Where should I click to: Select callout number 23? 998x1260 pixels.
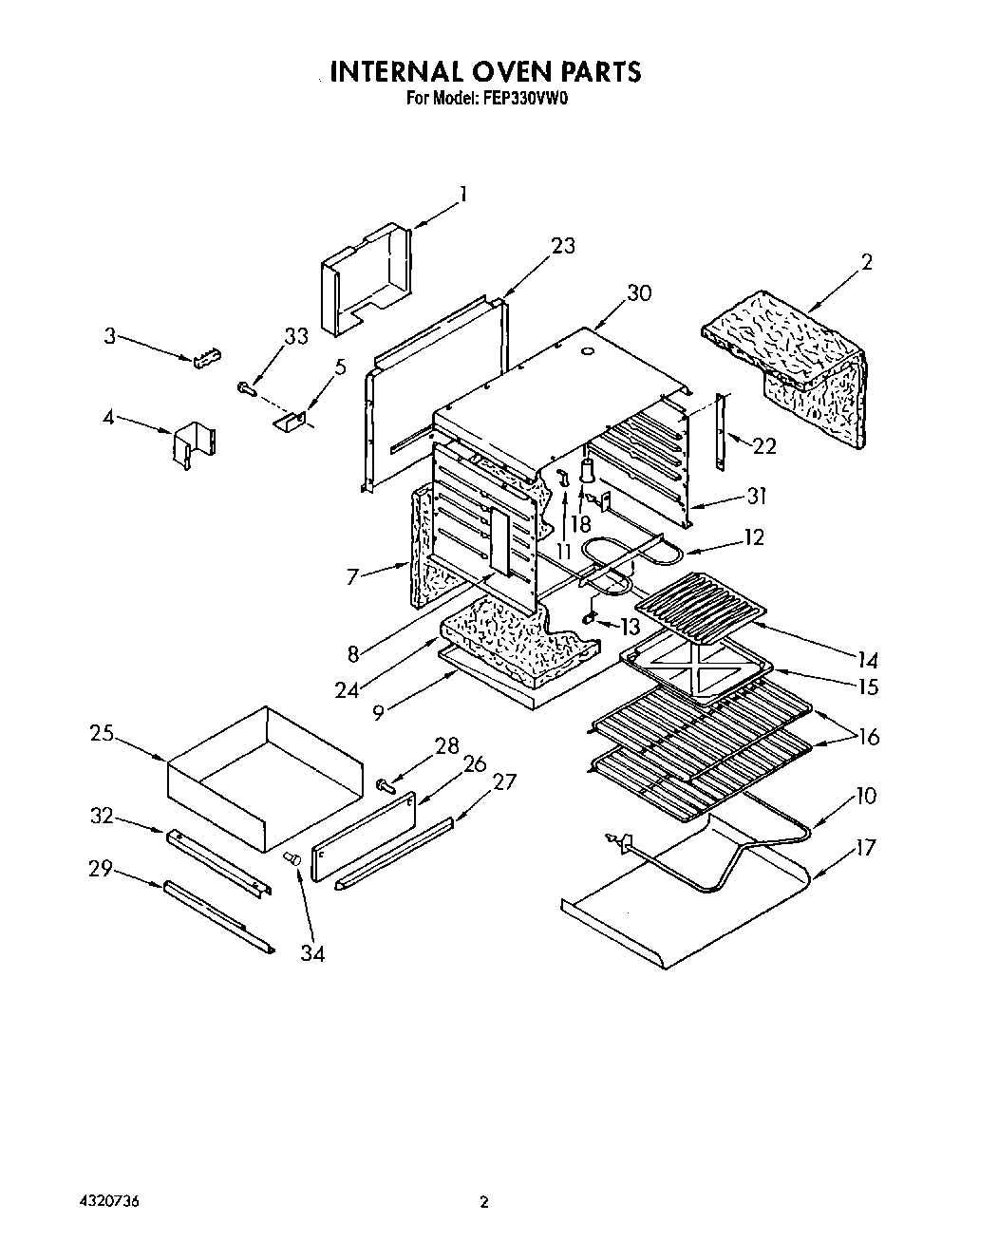pos(563,246)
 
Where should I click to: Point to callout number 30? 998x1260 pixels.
pos(639,292)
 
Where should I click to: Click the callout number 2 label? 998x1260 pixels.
pos(866,262)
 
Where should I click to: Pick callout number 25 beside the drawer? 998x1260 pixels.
pos(103,733)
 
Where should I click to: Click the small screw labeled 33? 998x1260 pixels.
pos(246,386)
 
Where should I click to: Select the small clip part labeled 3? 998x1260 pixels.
pos(208,357)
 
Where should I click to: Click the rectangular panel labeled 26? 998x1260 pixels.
pos(365,836)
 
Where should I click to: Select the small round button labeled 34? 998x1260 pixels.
pos(292,858)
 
